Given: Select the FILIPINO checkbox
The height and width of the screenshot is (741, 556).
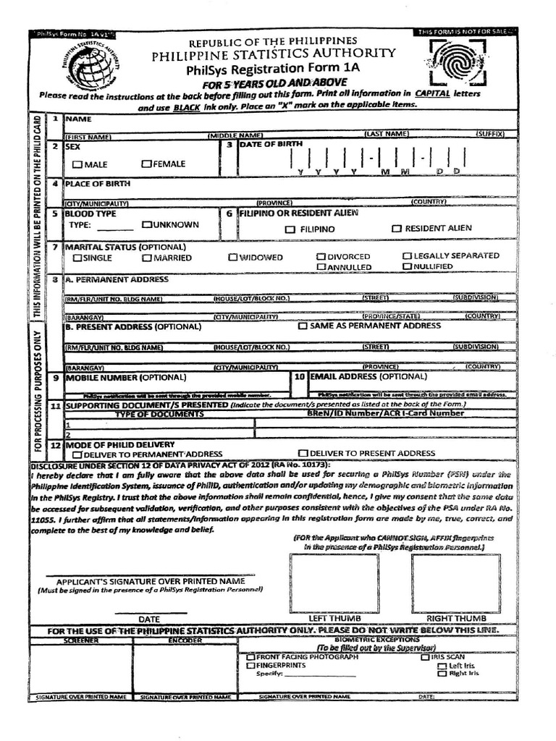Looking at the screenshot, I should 290,229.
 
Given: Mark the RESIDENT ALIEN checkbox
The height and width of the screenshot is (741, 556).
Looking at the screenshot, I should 396,229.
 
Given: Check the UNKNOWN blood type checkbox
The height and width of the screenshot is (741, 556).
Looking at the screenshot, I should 146,225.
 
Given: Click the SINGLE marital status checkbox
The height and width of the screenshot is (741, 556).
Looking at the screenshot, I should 77,258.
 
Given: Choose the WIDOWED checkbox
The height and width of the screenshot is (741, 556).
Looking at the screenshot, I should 233,257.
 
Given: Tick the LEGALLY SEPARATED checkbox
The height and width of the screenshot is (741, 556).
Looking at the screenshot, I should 408,256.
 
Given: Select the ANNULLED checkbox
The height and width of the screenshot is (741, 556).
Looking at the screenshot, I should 321,267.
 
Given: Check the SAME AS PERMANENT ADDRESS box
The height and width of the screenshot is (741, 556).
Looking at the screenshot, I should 303,326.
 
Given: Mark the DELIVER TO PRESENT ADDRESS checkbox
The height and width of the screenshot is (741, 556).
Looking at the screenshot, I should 303,453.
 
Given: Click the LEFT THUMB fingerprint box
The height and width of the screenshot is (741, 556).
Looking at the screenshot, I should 334,583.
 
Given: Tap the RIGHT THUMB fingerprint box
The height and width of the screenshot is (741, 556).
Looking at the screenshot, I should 455,583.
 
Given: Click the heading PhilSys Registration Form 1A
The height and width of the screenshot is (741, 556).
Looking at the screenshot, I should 273,69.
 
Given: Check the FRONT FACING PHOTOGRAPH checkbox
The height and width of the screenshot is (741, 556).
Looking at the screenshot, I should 250,657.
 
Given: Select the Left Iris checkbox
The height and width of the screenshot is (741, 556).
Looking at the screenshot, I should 442,665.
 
